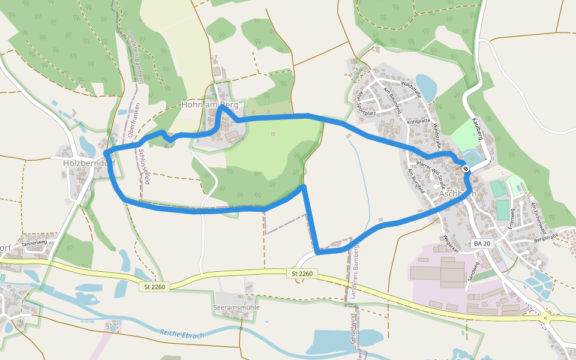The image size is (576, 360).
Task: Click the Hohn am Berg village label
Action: (x=209, y=105)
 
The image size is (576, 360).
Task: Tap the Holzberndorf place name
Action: (x=89, y=162)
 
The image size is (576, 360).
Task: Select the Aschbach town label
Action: (x=458, y=194)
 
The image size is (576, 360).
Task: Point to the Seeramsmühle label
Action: (x=236, y=307)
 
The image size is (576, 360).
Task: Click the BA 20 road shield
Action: (x=482, y=244)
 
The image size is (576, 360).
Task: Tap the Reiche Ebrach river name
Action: (x=182, y=334)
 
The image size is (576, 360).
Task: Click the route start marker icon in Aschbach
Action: (x=466, y=169)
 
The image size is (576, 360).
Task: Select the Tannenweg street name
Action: (x=34, y=242)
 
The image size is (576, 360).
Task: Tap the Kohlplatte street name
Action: (x=419, y=122)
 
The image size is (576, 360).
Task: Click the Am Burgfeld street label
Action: (x=416, y=181)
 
